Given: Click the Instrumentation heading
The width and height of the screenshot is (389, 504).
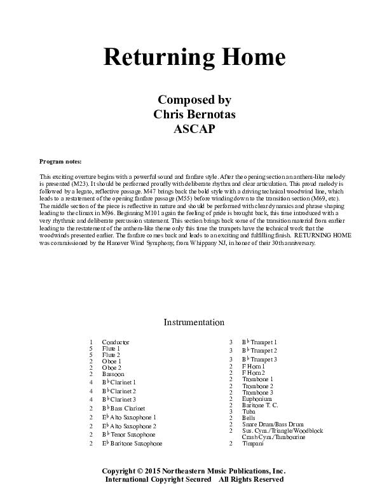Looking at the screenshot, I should pos(194,323).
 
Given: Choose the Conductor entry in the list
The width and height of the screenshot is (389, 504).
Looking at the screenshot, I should pos(116,342).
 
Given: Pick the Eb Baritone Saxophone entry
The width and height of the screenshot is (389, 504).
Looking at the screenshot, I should pos(132,443).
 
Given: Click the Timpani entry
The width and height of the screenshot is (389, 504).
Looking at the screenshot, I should pos(253,444).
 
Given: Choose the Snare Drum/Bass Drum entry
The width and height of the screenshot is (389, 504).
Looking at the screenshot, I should pos(273,424).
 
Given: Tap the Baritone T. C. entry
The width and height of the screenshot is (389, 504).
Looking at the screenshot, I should pos(260,405).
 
